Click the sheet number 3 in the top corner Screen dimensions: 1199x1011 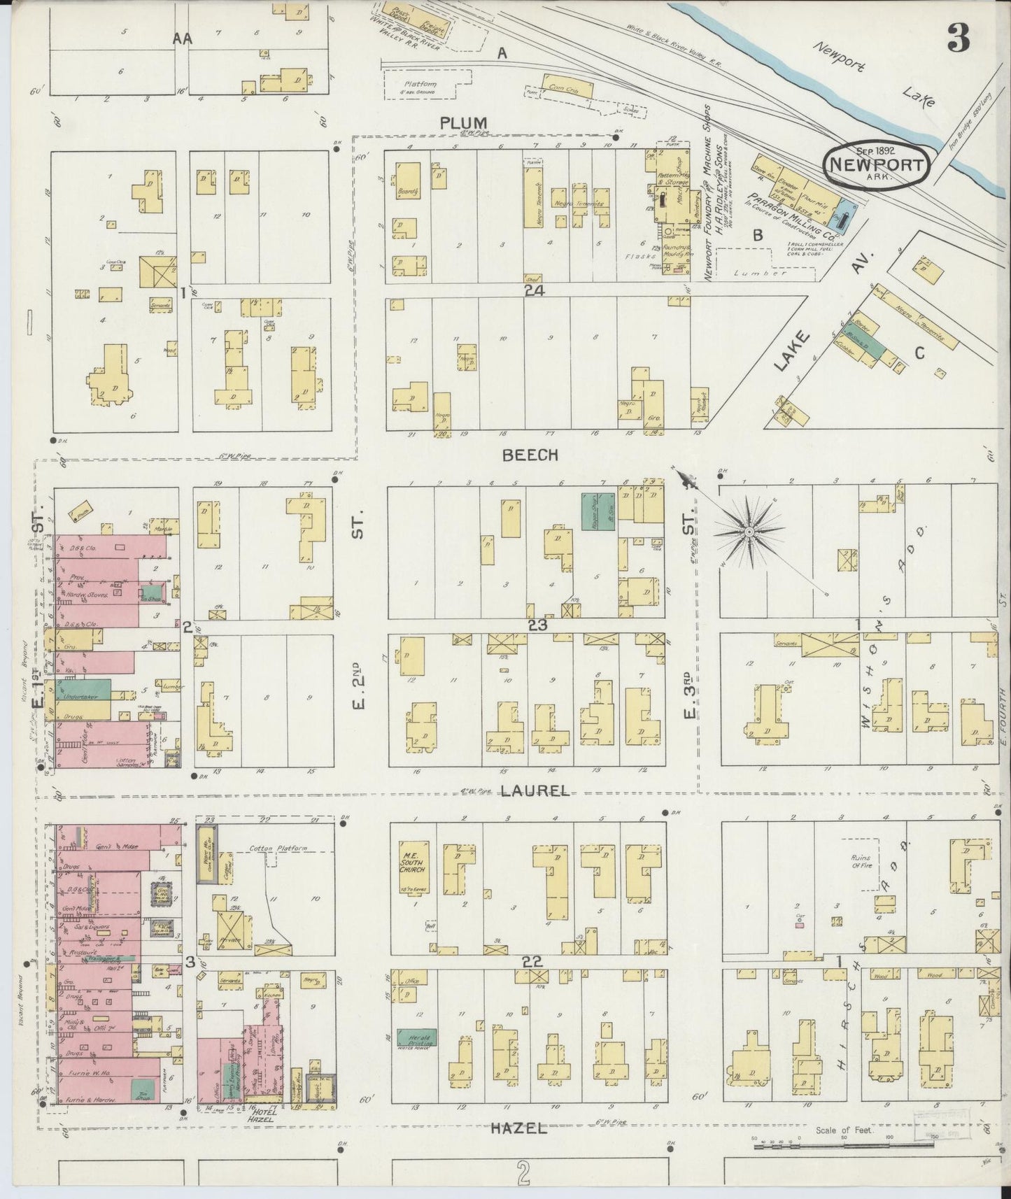tap(958, 41)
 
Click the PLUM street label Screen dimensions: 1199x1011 tap(463, 123)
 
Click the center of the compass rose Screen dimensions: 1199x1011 tap(748, 532)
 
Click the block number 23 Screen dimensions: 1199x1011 tap(537, 625)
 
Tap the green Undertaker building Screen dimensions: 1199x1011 tap(89, 690)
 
